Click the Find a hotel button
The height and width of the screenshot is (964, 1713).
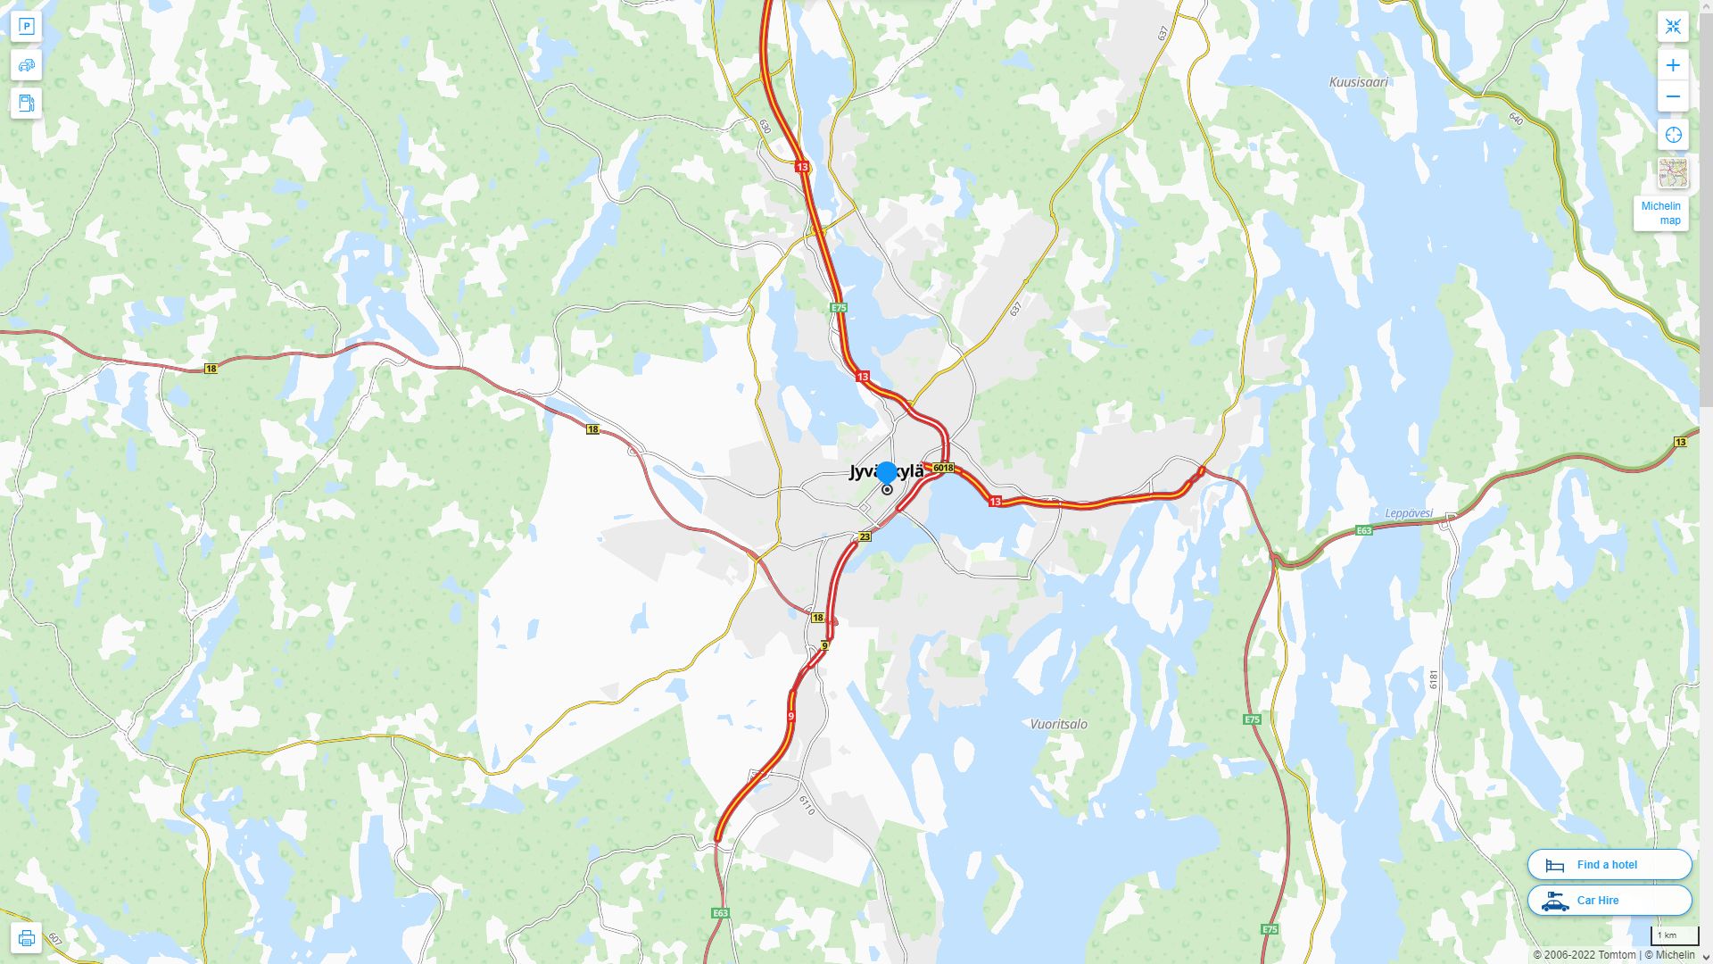1609,865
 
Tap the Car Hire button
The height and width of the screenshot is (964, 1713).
1609,901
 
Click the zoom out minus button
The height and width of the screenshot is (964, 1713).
1673,96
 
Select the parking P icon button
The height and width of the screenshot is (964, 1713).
27,27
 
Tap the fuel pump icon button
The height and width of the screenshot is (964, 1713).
27,103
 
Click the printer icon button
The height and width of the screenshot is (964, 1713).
27,937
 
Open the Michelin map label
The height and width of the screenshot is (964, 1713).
1660,213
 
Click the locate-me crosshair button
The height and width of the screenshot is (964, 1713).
1673,135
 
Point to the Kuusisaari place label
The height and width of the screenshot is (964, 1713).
1358,82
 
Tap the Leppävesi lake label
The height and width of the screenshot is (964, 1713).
1409,513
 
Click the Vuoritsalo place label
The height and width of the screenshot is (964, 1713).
1058,724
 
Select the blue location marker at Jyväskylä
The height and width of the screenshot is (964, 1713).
887,473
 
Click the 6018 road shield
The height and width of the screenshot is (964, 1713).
942,468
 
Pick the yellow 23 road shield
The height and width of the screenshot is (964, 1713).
865,536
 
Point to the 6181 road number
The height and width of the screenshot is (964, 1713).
1434,679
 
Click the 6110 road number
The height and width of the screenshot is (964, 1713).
807,805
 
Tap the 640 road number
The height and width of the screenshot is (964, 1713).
1516,117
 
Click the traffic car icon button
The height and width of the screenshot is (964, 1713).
27,65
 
